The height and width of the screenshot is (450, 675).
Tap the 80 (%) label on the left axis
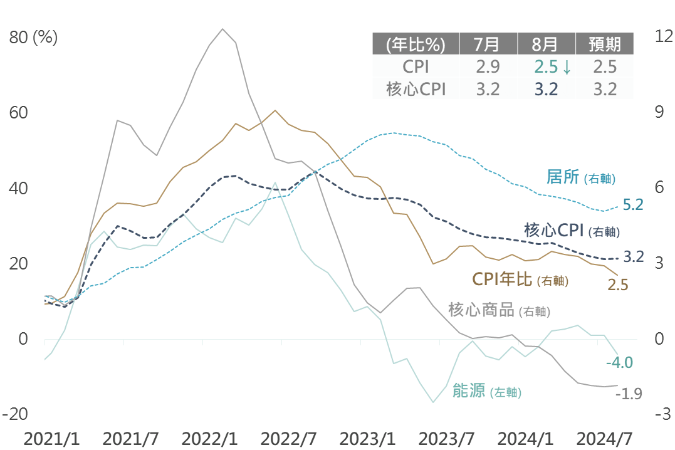pyautogui.click(x=33, y=38)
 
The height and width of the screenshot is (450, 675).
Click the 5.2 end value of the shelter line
pyautogui.click(x=633, y=204)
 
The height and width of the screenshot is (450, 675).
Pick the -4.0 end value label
pyautogui.click(x=619, y=362)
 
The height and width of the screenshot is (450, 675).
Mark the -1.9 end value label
pyautogui.click(x=629, y=394)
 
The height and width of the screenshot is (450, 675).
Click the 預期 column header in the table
pyautogui.click(x=605, y=44)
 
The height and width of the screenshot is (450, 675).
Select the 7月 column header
pyautogui.click(x=488, y=44)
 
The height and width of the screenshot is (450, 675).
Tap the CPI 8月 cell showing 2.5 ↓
pyautogui.click(x=552, y=67)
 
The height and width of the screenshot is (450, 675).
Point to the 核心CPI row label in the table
pyautogui.click(x=416, y=89)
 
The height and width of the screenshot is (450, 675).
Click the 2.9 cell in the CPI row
pyautogui.click(x=488, y=67)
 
